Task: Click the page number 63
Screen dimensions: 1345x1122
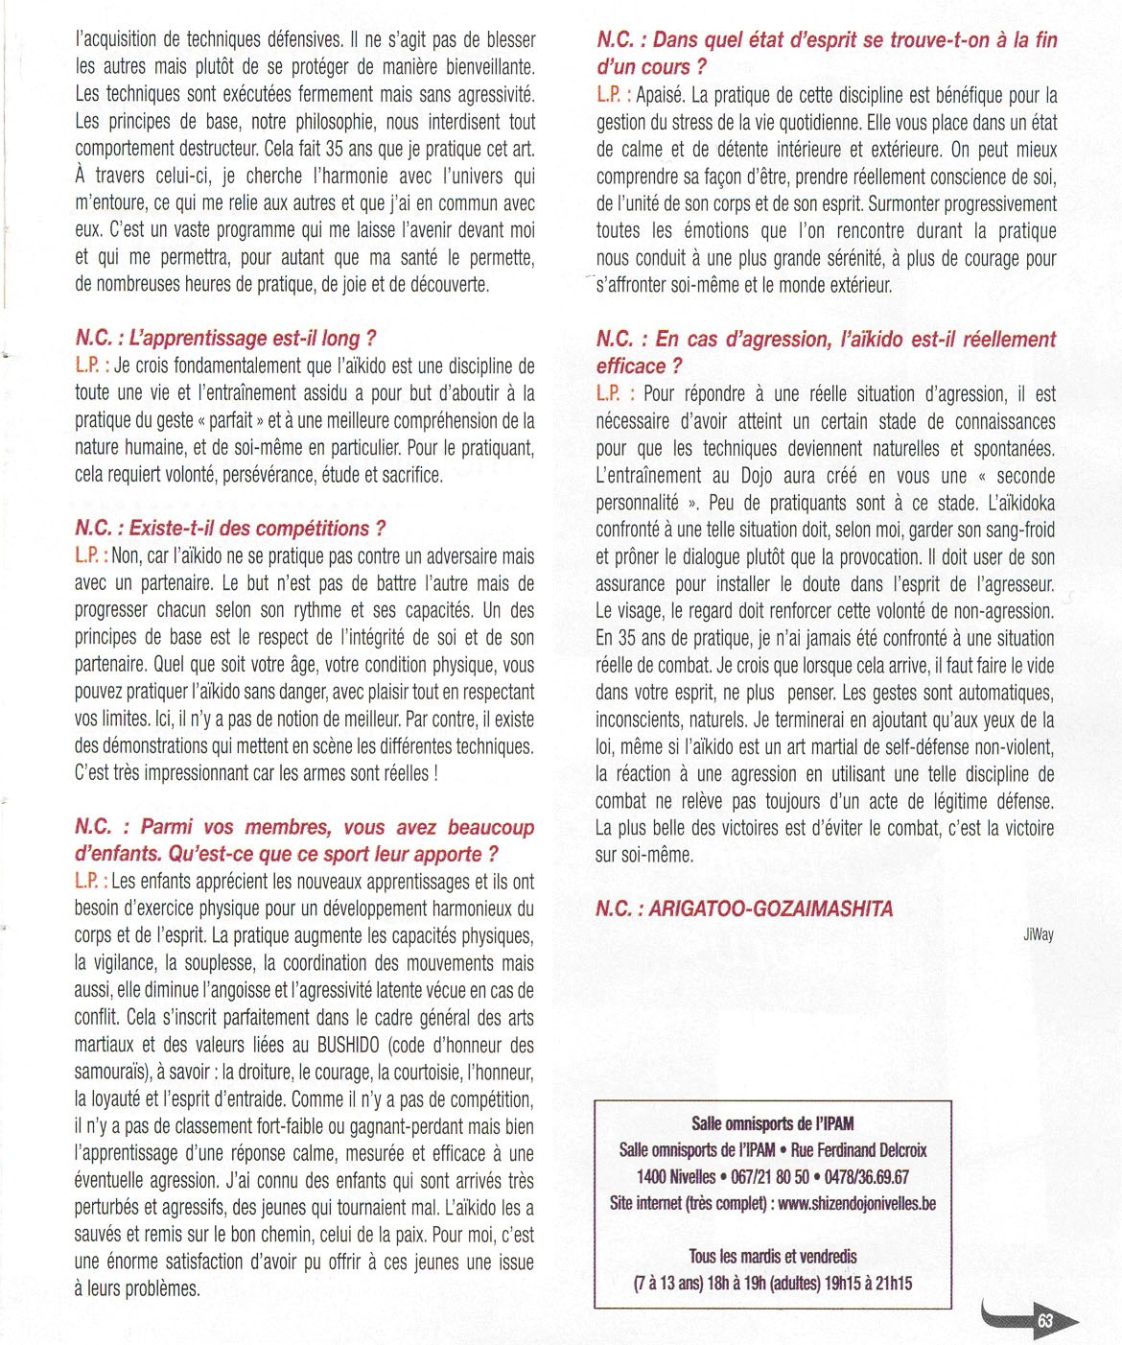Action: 1044,1321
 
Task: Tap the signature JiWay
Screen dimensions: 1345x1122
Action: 1038,934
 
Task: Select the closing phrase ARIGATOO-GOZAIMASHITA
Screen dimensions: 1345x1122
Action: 770,908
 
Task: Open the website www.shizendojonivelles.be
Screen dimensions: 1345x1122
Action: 856,1203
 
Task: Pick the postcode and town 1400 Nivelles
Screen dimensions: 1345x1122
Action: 675,1176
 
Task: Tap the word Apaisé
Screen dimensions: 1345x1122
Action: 659,95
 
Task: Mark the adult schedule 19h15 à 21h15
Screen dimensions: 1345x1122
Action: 868,1283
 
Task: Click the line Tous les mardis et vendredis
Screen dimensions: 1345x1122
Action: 772,1256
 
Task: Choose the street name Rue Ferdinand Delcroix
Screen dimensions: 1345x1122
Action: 858,1149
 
